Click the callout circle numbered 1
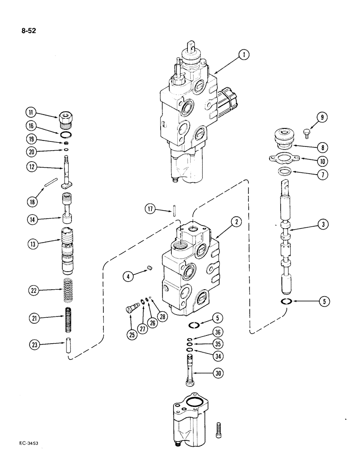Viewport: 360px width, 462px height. (245, 55)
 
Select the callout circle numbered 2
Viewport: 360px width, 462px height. (236, 222)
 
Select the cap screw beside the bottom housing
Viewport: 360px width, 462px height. (219, 432)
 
